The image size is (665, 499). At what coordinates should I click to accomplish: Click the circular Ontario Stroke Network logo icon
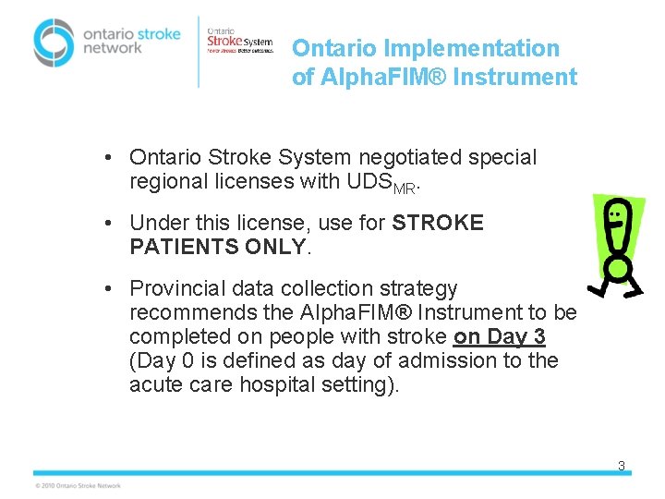(54, 42)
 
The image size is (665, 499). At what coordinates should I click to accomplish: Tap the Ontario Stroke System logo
(239, 43)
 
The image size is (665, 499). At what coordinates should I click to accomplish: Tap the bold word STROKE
(438, 223)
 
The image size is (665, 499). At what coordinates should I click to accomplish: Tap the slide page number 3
(622, 467)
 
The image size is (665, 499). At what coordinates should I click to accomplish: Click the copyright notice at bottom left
(78, 485)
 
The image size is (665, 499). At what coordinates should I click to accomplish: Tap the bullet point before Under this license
(109, 223)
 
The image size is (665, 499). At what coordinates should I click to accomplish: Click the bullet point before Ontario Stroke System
(109, 158)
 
